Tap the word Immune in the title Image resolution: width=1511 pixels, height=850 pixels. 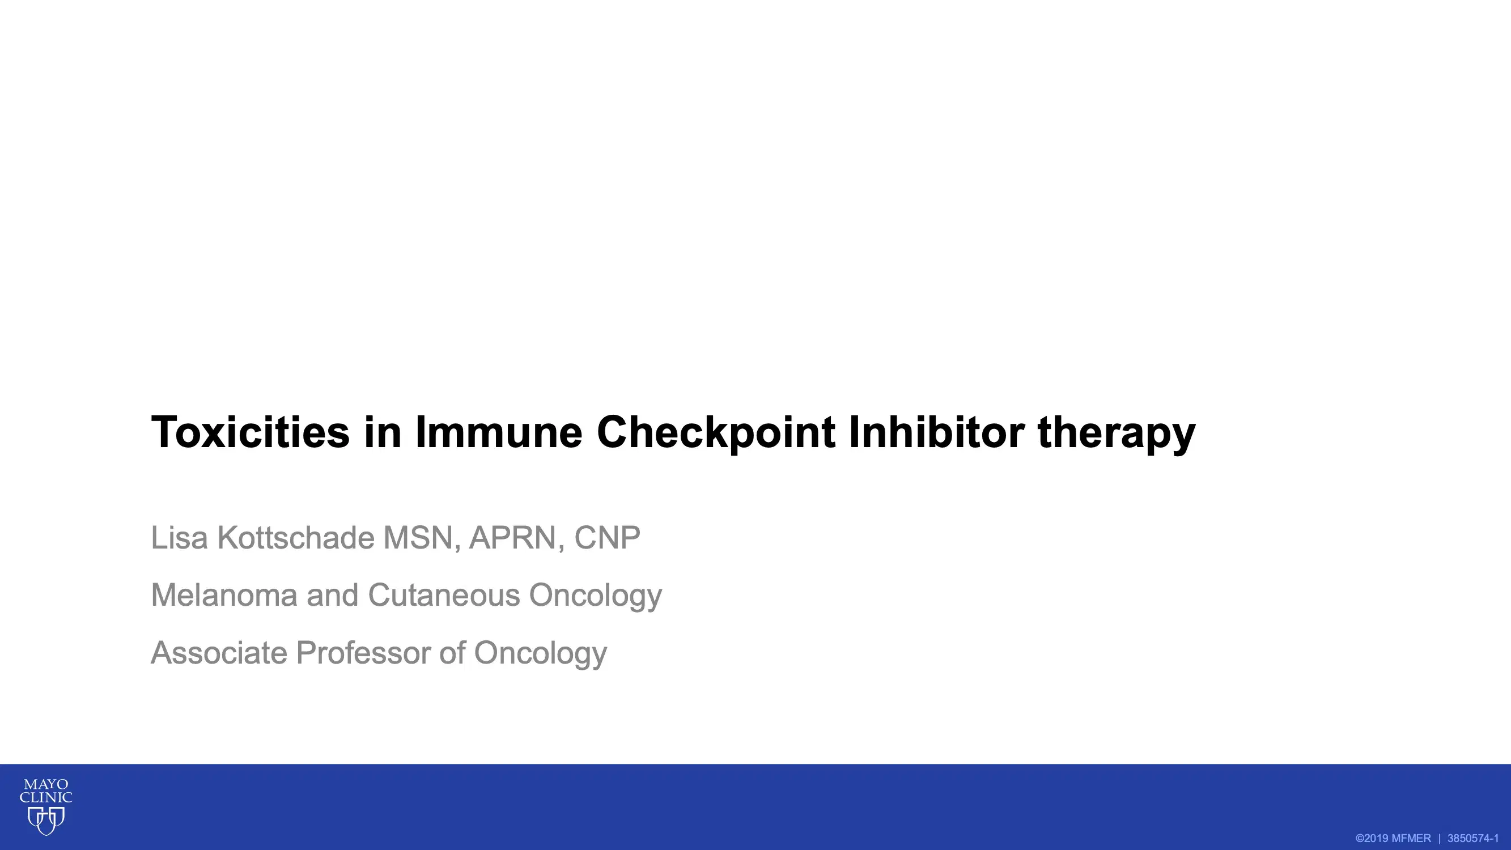point(499,432)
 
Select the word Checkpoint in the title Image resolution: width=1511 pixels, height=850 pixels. point(716,432)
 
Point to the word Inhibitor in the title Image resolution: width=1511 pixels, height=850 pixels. point(936,432)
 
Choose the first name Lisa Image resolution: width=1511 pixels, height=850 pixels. point(180,538)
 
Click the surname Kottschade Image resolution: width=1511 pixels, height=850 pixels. point(296,538)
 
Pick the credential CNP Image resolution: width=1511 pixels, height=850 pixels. point(607,538)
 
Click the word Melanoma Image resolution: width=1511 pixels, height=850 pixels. point(224,596)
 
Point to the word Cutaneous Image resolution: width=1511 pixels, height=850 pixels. point(444,596)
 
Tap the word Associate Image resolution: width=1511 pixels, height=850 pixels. point(219,653)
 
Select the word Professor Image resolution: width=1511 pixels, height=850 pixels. point(363,653)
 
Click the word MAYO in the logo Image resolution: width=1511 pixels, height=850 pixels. point(46,785)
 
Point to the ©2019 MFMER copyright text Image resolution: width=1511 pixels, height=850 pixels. point(1393,838)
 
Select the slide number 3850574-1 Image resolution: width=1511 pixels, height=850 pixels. point(1473,838)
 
